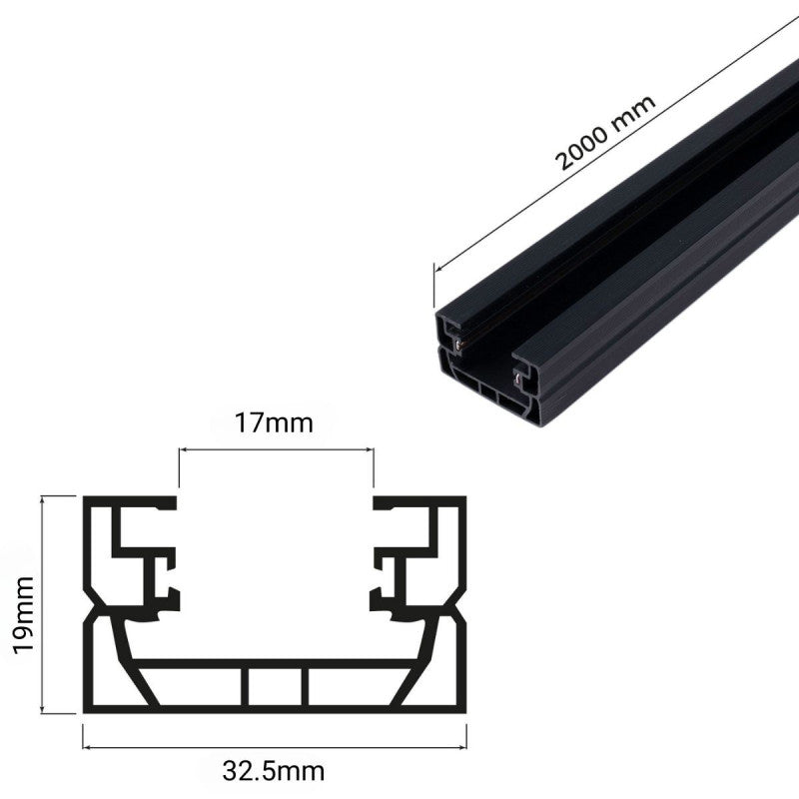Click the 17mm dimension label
[x=275, y=423]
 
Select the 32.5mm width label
[x=275, y=771]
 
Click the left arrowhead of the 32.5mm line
[x=86, y=745]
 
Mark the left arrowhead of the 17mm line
[x=183, y=452]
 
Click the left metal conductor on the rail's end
[x=457, y=343]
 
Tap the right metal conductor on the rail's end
[x=517, y=377]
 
